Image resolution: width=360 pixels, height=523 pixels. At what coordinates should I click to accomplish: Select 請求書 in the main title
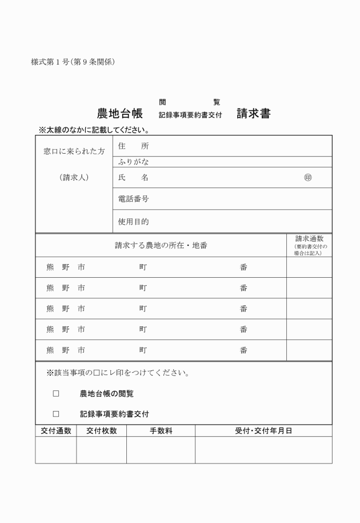254,113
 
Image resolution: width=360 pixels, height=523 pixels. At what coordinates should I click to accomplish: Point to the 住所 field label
133,146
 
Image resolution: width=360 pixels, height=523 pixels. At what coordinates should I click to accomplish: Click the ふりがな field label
133,162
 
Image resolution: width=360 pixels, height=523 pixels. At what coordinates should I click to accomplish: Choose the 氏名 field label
133,178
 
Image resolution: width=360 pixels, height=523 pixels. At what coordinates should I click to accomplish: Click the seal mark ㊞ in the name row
308,178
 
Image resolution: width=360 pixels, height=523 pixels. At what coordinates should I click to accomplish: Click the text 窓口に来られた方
74,152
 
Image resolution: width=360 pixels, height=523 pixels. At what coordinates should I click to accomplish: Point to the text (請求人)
74,178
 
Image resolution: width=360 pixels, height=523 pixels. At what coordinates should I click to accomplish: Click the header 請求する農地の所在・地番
161,246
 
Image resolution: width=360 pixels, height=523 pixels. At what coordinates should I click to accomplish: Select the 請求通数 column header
309,239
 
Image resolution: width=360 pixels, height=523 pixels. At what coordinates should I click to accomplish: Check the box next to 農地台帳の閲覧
56,394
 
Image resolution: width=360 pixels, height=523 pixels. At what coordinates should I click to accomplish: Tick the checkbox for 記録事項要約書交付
56,414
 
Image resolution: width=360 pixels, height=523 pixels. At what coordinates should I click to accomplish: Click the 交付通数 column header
56,431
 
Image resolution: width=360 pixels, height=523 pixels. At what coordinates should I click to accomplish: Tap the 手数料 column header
161,431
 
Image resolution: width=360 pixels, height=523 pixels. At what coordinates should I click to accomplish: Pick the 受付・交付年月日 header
263,431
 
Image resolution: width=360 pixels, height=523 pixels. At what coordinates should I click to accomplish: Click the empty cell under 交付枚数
102,450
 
